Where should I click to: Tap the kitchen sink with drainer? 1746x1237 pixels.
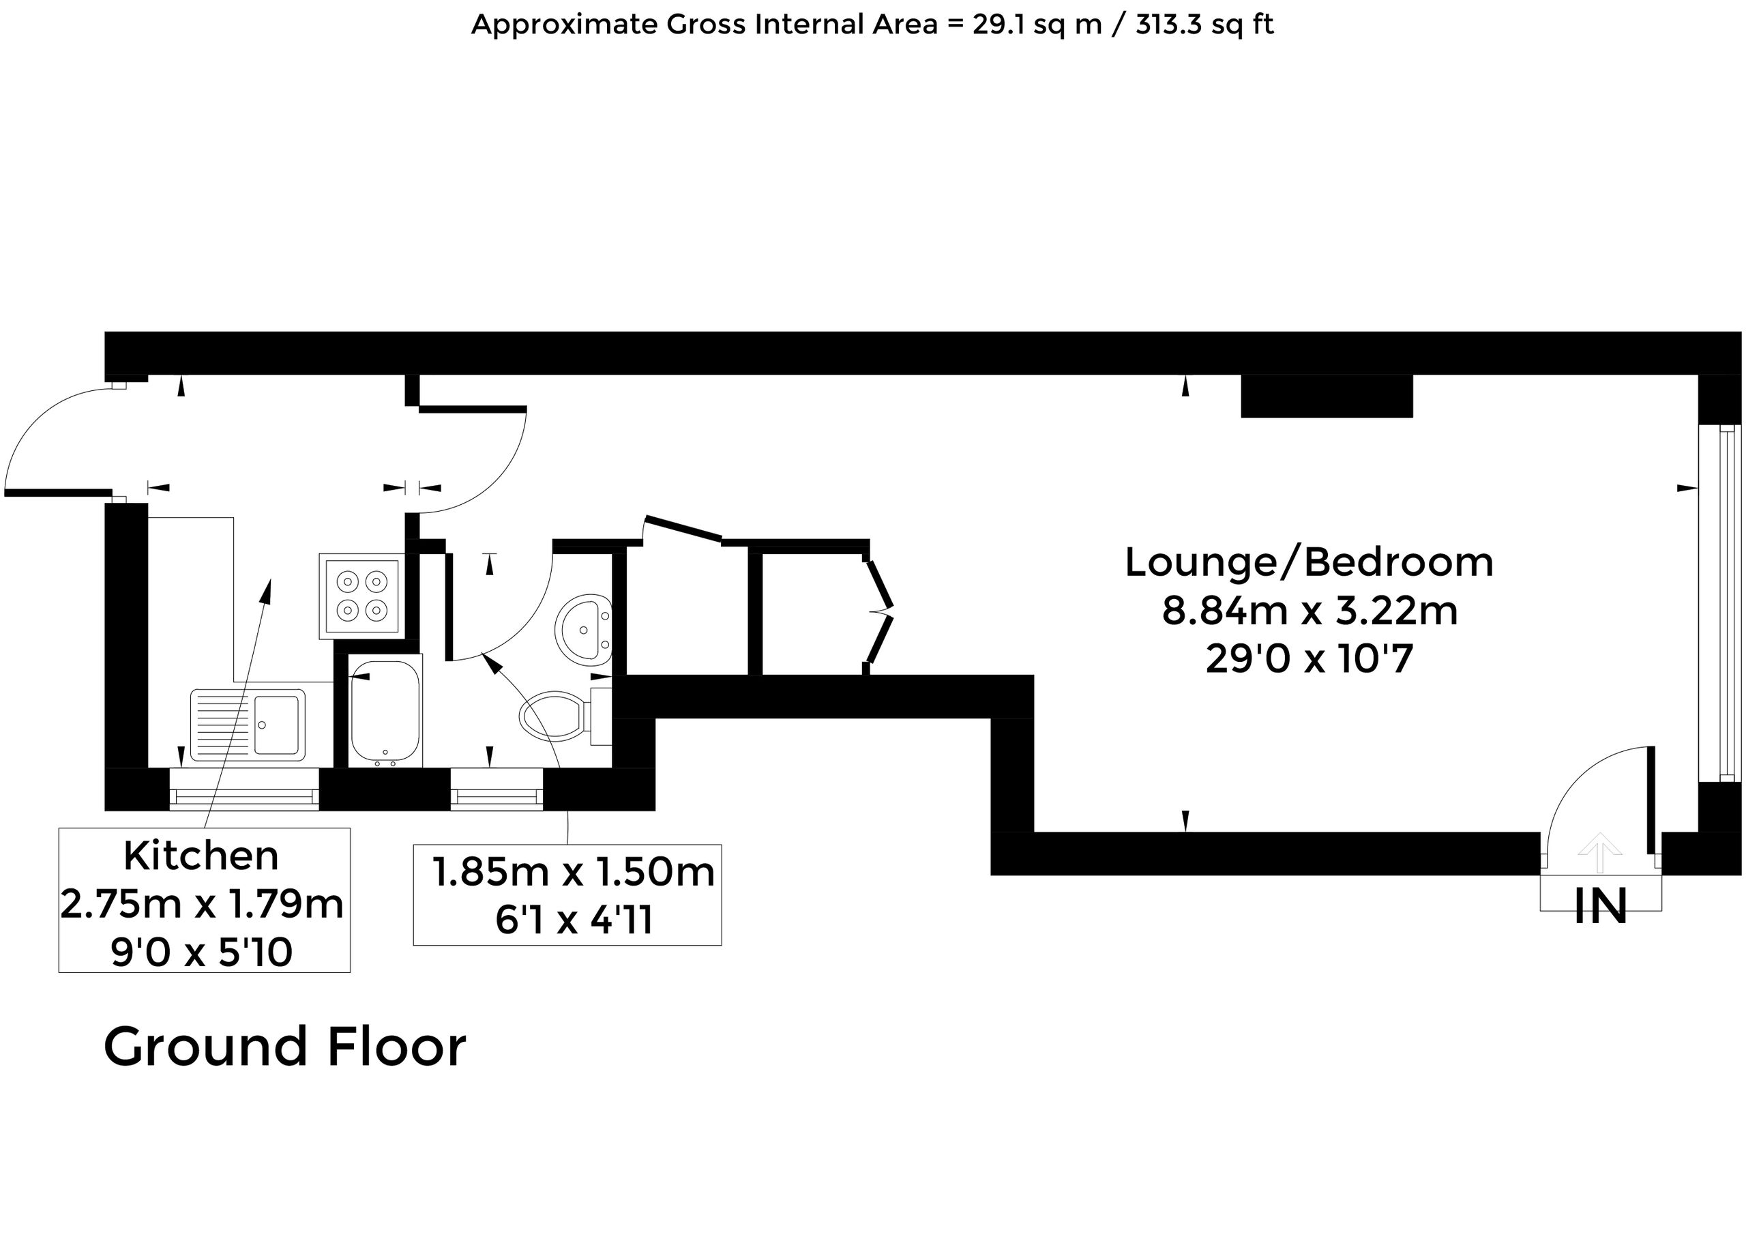point(248,725)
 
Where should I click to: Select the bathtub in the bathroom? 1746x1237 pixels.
point(385,713)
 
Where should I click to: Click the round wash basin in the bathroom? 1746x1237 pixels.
point(583,628)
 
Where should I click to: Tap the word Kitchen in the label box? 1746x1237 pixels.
point(201,856)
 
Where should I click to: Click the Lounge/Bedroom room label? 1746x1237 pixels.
point(1309,563)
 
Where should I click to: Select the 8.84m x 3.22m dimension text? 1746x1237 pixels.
point(1309,611)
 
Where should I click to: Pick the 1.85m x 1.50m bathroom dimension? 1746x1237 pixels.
point(574,872)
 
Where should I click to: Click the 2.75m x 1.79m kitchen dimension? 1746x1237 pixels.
point(202,905)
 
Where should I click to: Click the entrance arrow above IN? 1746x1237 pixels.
point(1599,853)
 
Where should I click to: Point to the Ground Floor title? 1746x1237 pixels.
point(285,1047)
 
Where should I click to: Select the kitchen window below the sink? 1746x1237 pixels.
point(243,789)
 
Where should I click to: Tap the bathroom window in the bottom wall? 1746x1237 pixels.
point(497,789)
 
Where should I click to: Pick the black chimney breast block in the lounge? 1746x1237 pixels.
point(1327,396)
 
